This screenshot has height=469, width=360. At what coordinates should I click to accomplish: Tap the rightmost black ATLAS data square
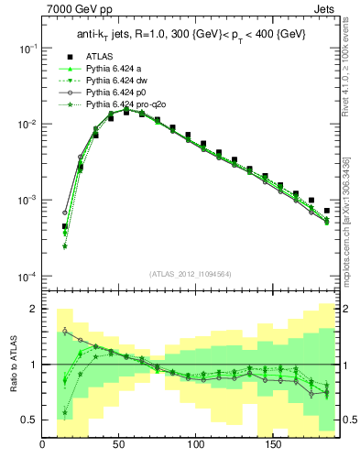pos(327,211)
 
